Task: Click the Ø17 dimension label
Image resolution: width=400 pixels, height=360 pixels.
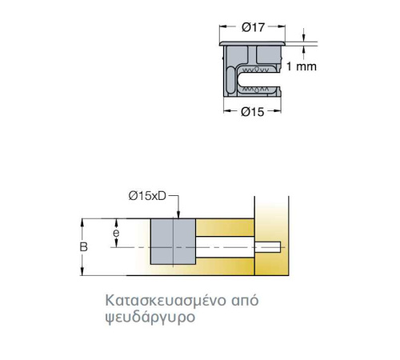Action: coord(253,27)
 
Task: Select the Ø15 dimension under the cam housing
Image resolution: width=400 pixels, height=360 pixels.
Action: coord(252,112)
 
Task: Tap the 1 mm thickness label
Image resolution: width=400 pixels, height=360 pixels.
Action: coord(302,66)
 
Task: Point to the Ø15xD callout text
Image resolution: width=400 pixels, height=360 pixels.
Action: coord(147,196)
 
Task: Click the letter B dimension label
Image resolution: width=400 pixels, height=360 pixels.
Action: coord(84,247)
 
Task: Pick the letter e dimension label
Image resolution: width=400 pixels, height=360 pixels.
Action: coord(116,233)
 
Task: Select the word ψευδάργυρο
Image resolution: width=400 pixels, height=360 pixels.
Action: coord(150,318)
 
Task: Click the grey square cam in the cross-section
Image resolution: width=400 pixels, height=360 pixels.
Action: coord(173,242)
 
